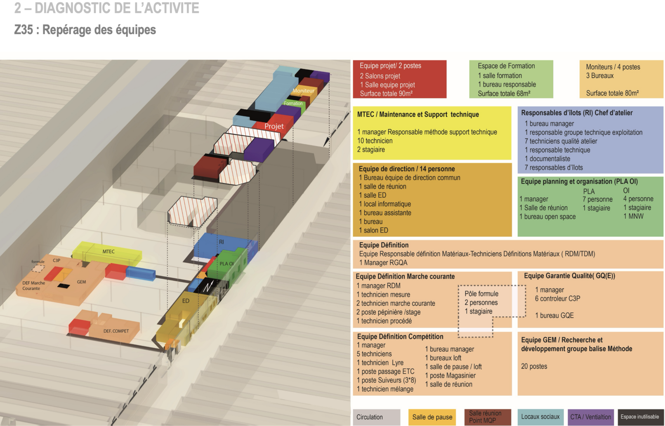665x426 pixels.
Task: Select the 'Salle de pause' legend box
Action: pyautogui.click(x=432, y=417)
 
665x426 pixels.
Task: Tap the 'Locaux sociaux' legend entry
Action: pyautogui.click(x=540, y=417)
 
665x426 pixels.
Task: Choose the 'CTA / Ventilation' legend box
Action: pyautogui.click(x=590, y=417)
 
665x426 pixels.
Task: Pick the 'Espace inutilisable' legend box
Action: pyautogui.click(x=640, y=417)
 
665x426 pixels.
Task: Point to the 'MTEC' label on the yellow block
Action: pyautogui.click(x=108, y=252)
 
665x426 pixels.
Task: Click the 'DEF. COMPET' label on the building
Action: pyautogui.click(x=116, y=331)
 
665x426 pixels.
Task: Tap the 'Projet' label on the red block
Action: pyautogui.click(x=274, y=126)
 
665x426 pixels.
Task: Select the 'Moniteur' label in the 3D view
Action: pyautogui.click(x=303, y=91)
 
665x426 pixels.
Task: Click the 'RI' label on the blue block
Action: pyautogui.click(x=222, y=242)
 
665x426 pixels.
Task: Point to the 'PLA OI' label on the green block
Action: pyautogui.click(x=226, y=264)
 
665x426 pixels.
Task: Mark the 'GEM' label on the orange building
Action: pyautogui.click(x=81, y=282)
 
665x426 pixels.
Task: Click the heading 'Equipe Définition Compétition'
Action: pyautogui.click(x=400, y=337)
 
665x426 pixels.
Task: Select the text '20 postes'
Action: pyautogui.click(x=534, y=366)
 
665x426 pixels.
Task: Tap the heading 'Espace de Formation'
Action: pyautogui.click(x=506, y=66)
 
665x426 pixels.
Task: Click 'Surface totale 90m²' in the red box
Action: pyautogui.click(x=386, y=94)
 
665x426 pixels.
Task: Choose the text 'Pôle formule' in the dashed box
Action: pyautogui.click(x=481, y=294)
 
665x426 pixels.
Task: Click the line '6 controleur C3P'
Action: pyautogui.click(x=557, y=299)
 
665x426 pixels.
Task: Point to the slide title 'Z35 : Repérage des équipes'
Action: pyautogui.click(x=85, y=30)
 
